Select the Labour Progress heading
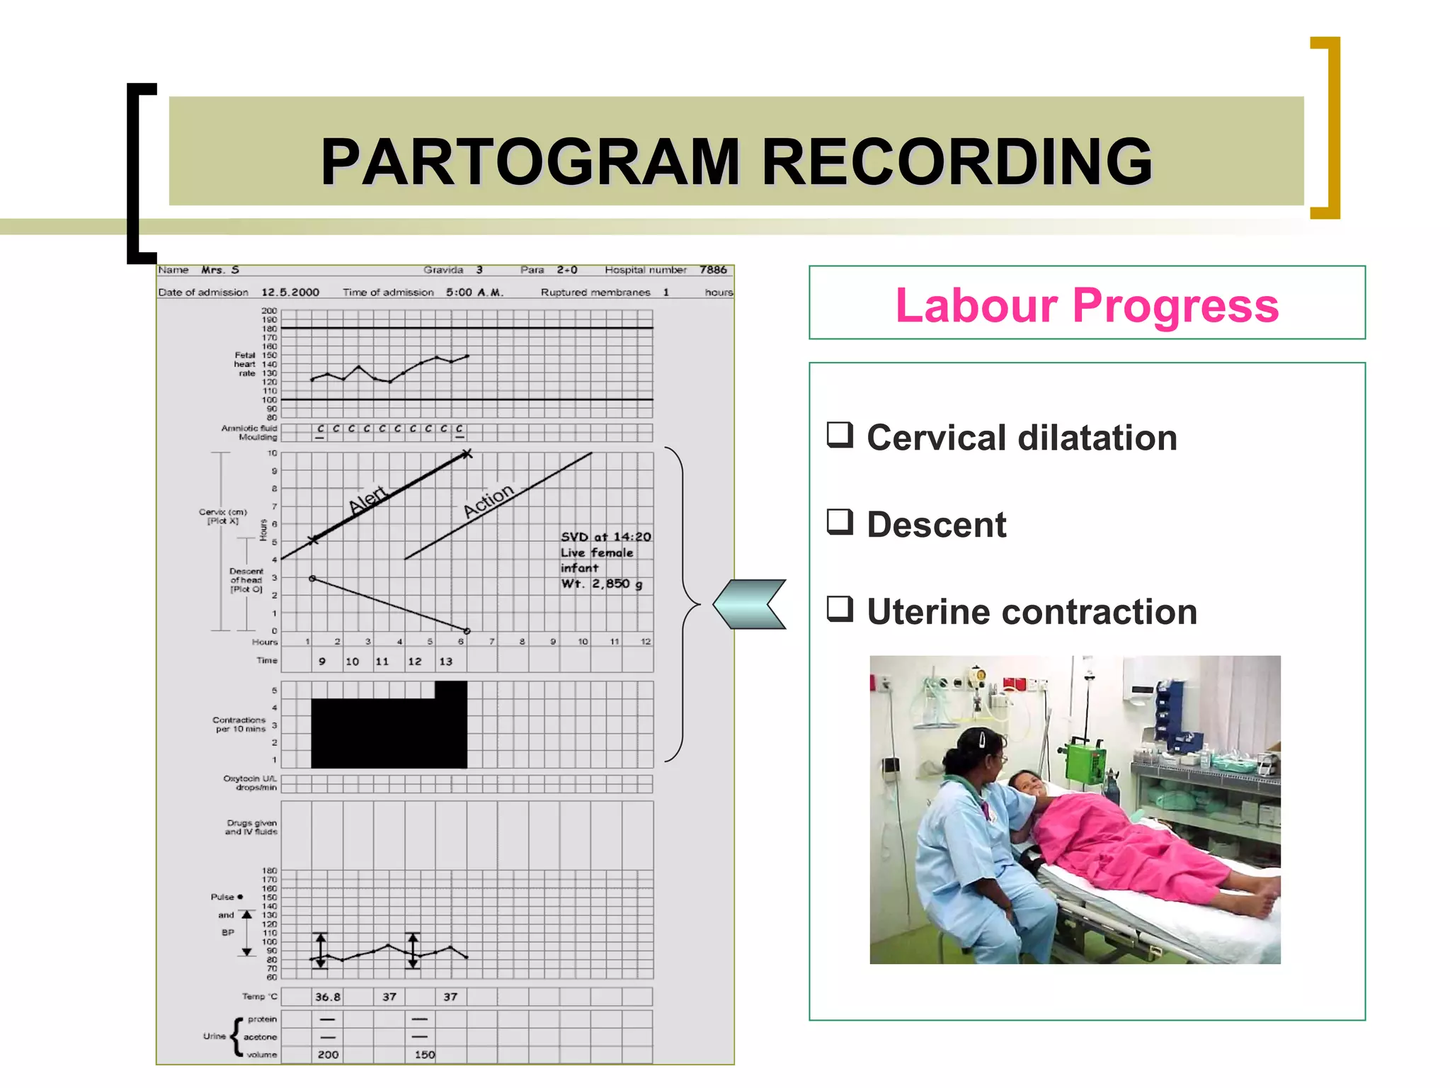coord(1086,305)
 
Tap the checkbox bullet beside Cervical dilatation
coord(840,435)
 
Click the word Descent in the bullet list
coord(936,525)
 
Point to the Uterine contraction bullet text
coord(1032,612)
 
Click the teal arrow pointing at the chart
coord(750,604)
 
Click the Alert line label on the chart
coord(367,499)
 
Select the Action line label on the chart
coord(489,500)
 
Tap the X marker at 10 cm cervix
coord(467,453)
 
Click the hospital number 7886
coord(713,270)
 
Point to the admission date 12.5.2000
coord(290,292)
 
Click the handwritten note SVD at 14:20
coord(605,537)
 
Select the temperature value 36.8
coord(327,997)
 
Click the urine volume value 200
coord(328,1055)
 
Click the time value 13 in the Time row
coord(445,661)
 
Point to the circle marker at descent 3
coord(312,579)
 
